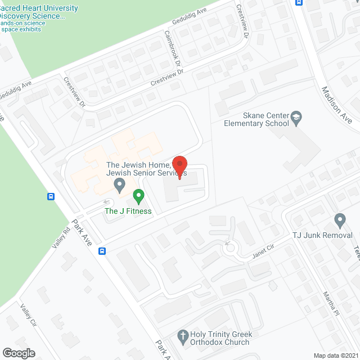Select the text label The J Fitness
pyautogui.click(x=128, y=211)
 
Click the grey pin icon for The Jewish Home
pyautogui.click(x=119, y=184)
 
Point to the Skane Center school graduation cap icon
pyautogui.click(x=296, y=118)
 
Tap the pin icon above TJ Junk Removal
pyautogui.click(x=339, y=219)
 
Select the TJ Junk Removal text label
pyautogui.click(x=322, y=235)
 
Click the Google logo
pyautogui.click(x=18, y=353)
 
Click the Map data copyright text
pyautogui.click(x=336, y=355)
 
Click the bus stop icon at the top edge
pyautogui.click(x=298, y=2)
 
